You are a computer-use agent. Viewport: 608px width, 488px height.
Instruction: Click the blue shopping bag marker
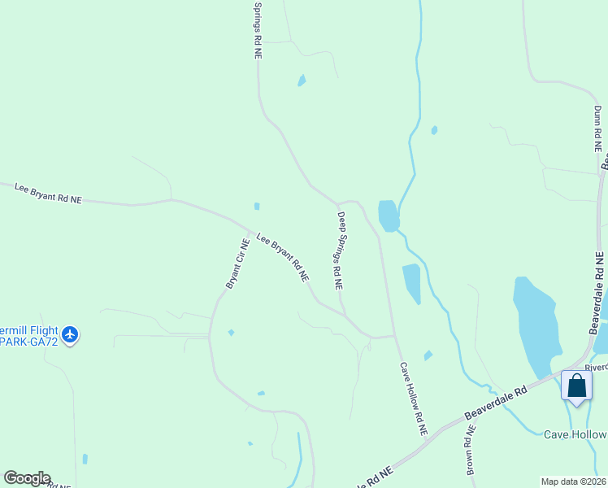576,386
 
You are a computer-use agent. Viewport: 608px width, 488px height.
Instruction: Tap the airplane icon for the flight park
70,333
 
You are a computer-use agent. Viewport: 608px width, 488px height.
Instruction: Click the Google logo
27,478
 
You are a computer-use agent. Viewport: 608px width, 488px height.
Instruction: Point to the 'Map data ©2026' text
572,481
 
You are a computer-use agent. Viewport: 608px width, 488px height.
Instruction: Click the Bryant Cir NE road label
237,263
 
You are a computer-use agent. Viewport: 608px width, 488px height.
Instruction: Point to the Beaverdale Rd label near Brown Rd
496,403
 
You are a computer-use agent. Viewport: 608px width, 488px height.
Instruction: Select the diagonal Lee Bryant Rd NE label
282,257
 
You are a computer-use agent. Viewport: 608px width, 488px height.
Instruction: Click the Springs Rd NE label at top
258,29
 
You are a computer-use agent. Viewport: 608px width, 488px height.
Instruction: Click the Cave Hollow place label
575,434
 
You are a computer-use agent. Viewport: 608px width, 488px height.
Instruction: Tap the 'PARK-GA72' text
28,344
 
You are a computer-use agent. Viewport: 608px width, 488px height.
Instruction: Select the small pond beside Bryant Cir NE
231,333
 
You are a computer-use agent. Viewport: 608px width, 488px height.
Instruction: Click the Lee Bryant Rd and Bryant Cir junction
250,230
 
